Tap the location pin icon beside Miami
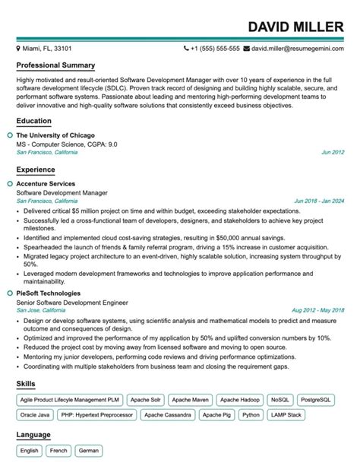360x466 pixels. pyautogui.click(x=19, y=47)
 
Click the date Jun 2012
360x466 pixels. pyautogui.click(x=333, y=152)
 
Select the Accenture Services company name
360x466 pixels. pyautogui.click(x=46, y=184)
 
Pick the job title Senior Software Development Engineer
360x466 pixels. pyautogui.click(x=71, y=302)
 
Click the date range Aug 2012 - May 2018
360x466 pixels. pyautogui.click(x=318, y=310)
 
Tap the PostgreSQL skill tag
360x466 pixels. pyautogui.click(x=315, y=399)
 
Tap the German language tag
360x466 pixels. pyautogui.click(x=88, y=451)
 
